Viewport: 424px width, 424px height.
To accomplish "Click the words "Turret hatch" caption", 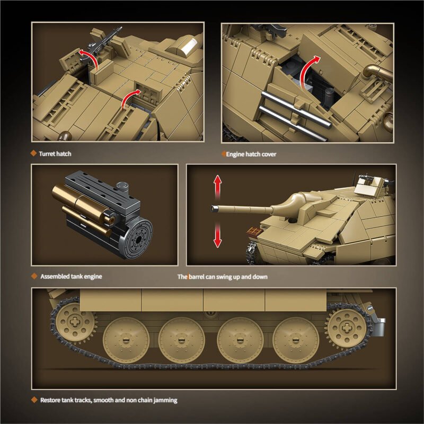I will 55,154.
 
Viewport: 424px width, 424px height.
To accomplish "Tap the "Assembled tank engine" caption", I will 71,276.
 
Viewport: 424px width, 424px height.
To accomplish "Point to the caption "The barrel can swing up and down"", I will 222,277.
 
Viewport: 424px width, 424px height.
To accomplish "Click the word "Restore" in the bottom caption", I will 50,400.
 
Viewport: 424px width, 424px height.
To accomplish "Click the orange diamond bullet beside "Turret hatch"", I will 33,154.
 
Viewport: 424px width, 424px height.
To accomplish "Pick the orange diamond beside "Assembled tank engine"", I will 33,276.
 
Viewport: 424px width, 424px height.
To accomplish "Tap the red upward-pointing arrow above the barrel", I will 217,187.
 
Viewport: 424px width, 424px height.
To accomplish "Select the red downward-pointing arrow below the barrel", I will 217,236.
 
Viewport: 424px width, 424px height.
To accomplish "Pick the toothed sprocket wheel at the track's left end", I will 75,323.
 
